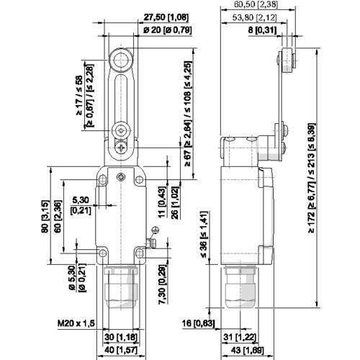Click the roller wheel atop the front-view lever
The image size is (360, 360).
coord(120,59)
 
